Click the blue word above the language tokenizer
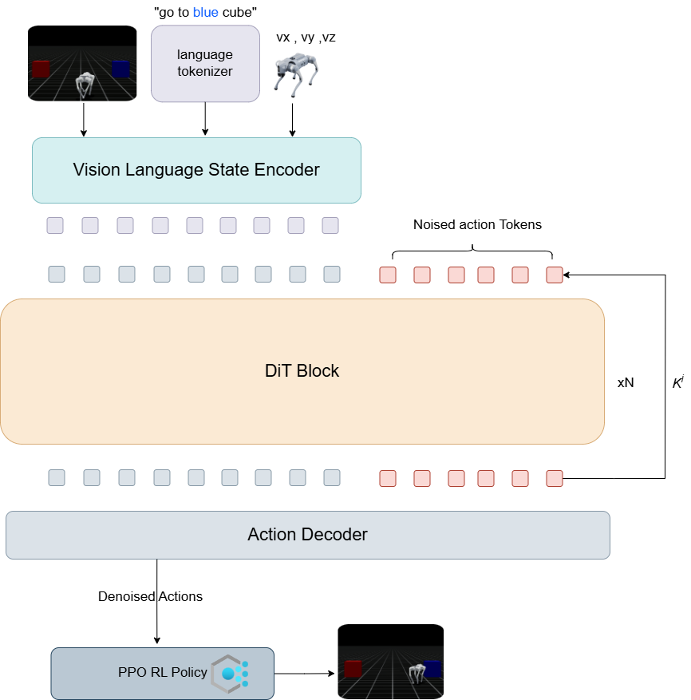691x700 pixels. tap(205, 13)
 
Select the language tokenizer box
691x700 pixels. tap(205, 63)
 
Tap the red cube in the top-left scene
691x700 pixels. tap(41, 69)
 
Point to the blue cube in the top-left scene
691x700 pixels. tap(120, 69)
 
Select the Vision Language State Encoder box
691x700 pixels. tap(196, 170)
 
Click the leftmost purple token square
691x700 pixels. tap(55, 225)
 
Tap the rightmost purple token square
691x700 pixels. tap(330, 225)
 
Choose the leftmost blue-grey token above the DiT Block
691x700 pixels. tap(57, 275)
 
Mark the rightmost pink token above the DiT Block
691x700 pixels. tap(555, 275)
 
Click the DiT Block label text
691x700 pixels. tap(302, 371)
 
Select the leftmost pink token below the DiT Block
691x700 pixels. tap(388, 479)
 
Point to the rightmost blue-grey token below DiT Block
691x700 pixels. tap(332, 478)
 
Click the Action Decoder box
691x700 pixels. tap(307, 535)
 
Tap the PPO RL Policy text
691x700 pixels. tap(162, 672)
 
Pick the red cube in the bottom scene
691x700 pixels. tap(353, 668)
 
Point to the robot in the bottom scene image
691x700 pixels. tap(416, 673)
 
